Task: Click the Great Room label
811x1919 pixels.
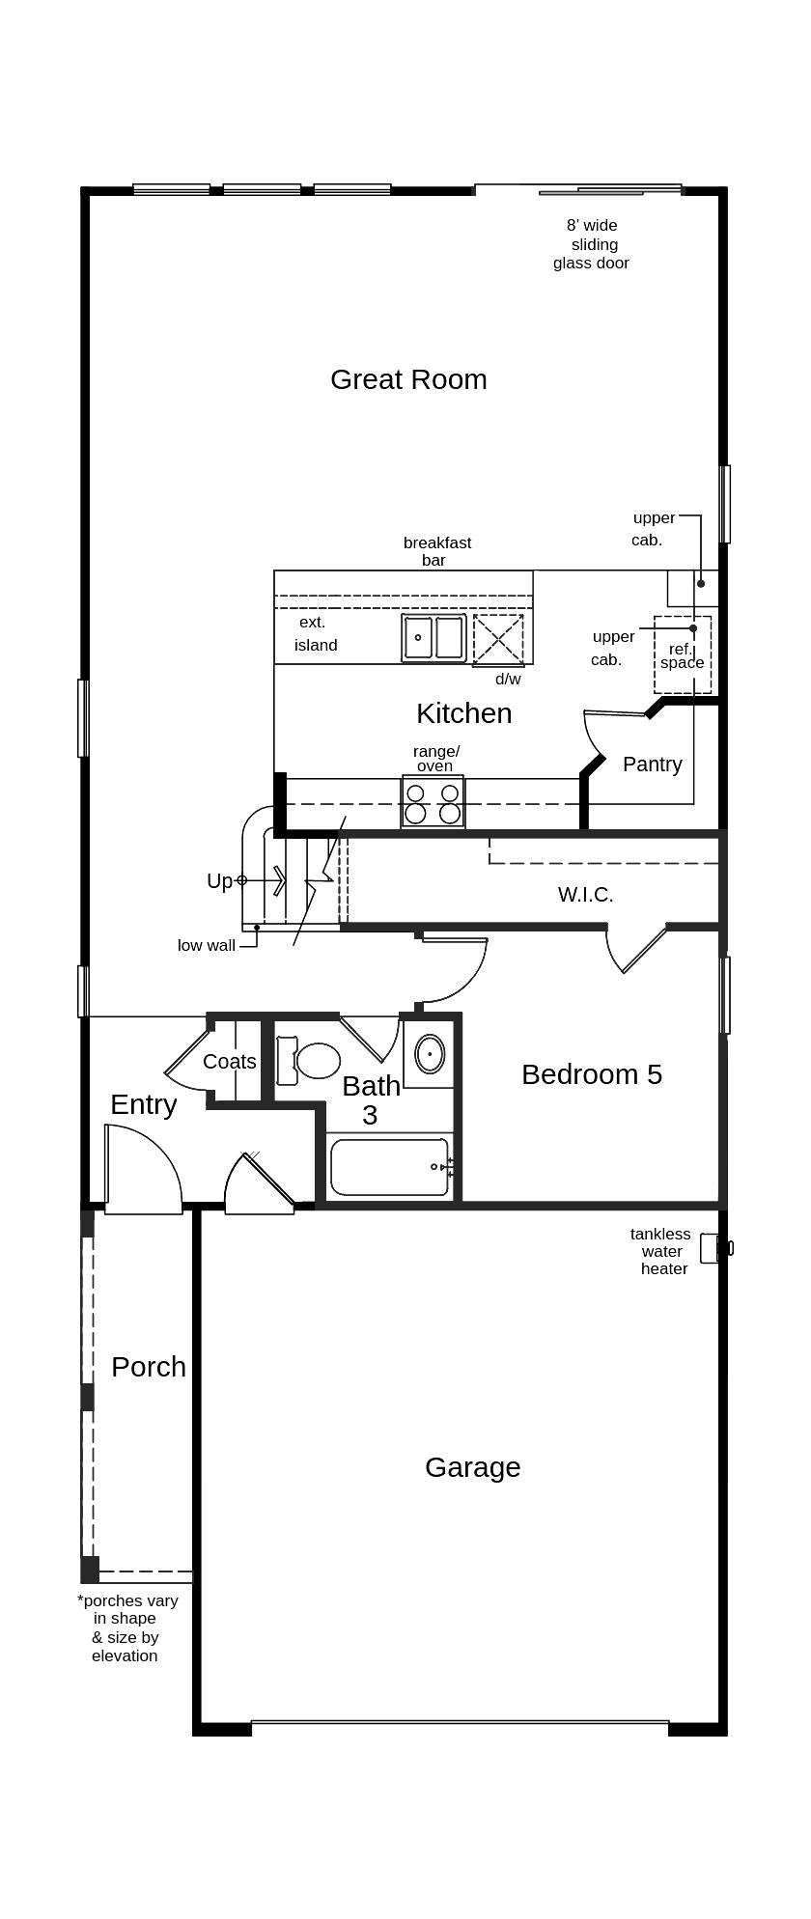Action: pos(408,379)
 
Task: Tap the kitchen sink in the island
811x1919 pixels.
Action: pos(433,638)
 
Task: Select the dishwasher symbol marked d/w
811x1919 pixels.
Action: pos(498,639)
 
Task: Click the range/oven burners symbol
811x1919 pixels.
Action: pos(433,802)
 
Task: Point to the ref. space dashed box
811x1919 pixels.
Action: pos(683,654)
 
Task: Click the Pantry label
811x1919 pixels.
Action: pos(652,764)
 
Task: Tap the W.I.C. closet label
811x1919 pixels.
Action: pos(585,895)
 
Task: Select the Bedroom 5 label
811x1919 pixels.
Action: pos(591,1074)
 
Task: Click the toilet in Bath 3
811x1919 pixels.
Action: pos(311,1060)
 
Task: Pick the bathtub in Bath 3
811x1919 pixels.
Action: pos(389,1167)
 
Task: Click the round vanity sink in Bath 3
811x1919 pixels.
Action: pos(430,1054)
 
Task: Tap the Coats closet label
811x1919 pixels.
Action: pos(230,1062)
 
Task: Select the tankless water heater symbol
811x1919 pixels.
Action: pos(712,1248)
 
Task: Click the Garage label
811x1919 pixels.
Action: pos(472,1467)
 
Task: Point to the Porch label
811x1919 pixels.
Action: pos(148,1367)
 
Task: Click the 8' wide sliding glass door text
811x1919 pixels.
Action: pos(592,244)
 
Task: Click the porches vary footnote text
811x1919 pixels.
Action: pos(126,1627)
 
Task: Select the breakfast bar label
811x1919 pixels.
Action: pos(436,551)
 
